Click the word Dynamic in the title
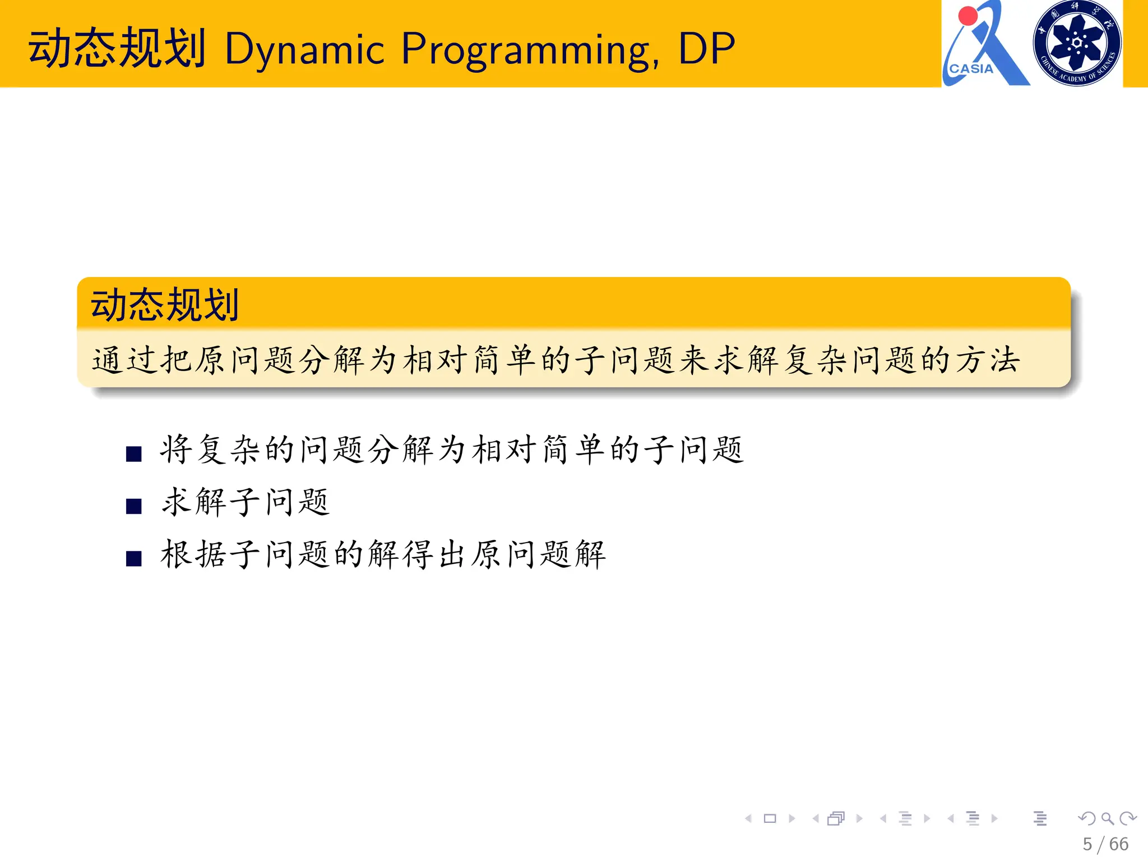[304, 49]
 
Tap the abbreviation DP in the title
[706, 49]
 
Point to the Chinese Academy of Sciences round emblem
[1077, 43]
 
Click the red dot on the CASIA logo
[968, 16]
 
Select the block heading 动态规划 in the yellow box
[165, 305]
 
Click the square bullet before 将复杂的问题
[133, 453]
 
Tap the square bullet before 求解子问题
[133, 506]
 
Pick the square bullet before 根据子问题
[133, 558]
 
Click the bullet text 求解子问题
[246, 502]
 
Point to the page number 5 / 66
[1105, 844]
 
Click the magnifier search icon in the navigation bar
[1107, 818]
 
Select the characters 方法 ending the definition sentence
[988, 359]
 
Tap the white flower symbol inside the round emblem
[1077, 42]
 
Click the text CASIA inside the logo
[971, 69]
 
